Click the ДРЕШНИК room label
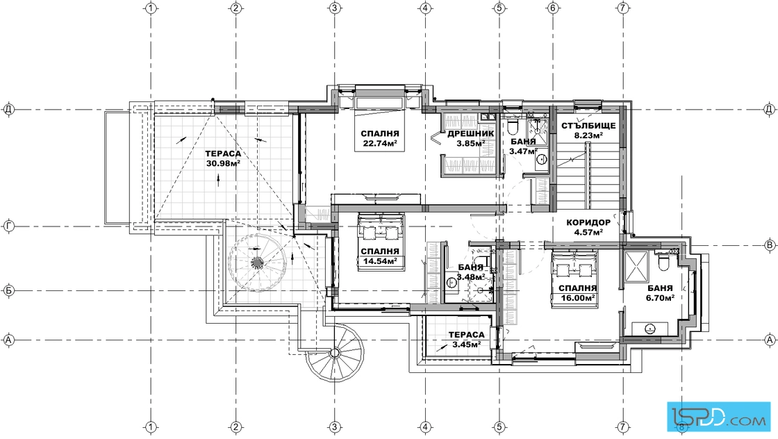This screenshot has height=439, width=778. pyautogui.click(x=470, y=134)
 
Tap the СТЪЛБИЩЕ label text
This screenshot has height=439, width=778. pyautogui.click(x=588, y=126)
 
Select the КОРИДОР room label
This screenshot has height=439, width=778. pyautogui.click(x=588, y=223)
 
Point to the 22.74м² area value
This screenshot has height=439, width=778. pyautogui.click(x=379, y=143)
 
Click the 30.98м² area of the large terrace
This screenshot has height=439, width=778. pyautogui.click(x=223, y=163)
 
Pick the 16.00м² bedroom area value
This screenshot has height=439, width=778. pyautogui.click(x=577, y=297)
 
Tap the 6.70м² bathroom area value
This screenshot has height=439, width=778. pyautogui.click(x=659, y=297)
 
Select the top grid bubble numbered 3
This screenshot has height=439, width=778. pyautogui.click(x=335, y=8)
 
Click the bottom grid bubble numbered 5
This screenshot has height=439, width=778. pyautogui.click(x=499, y=427)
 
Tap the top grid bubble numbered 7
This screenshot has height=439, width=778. pyautogui.click(x=623, y=8)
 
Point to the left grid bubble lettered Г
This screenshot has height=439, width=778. pyautogui.click(x=8, y=226)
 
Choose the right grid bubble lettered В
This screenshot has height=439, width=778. pyautogui.click(x=770, y=245)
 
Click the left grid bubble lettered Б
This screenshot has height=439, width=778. pyautogui.click(x=8, y=290)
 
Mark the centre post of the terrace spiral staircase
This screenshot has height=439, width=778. pyautogui.click(x=256, y=262)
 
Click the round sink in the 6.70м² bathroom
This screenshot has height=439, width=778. pyautogui.click(x=649, y=328)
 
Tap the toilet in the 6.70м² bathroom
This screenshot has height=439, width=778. pyautogui.click(x=663, y=262)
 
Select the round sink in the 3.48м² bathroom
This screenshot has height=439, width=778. pyautogui.click(x=452, y=283)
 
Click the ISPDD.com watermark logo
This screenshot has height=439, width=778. pyautogui.click(x=718, y=415)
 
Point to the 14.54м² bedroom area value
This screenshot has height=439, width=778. pyautogui.click(x=379, y=260)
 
